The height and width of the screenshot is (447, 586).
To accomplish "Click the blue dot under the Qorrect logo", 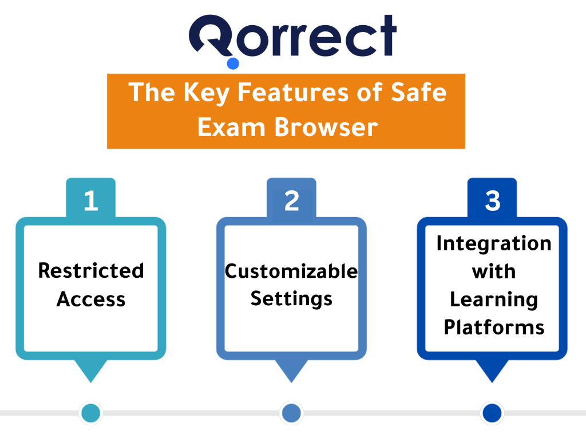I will tap(233, 63).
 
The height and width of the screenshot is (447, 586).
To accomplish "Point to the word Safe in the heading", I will tap(417, 92).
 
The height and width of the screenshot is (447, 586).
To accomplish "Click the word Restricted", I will tap(90, 270).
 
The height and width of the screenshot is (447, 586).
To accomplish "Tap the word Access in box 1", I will tap(90, 299).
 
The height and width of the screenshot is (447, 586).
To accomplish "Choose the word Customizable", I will tap(291, 270).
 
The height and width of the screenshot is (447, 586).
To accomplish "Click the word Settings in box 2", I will tap(291, 298).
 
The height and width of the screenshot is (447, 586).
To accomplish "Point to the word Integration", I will tap(493, 243).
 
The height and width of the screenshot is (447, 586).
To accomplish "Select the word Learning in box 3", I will tap(493, 299).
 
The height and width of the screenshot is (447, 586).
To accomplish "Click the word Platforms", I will tap(493, 327).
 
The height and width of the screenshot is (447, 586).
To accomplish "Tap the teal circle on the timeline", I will tap(90, 412).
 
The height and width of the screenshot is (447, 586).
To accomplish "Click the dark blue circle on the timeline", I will tap(492, 412).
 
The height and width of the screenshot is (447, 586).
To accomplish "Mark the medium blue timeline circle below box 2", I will tap(291, 412).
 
